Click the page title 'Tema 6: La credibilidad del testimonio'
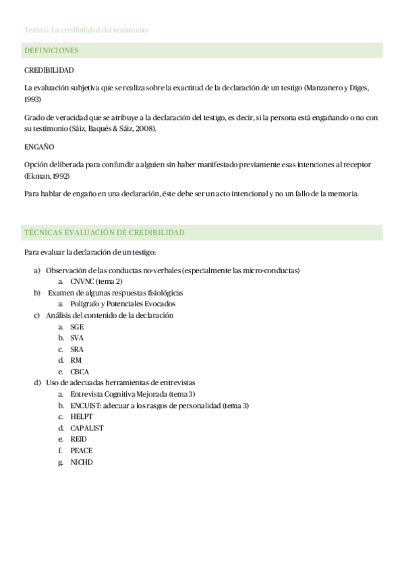coord(86,30)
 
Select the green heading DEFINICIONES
coord(51,51)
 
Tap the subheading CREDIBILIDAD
coord(49,70)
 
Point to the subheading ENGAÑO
coord(39,146)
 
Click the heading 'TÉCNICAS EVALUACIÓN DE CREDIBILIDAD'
coord(104,233)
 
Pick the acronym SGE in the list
coord(77,326)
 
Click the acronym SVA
coord(77,338)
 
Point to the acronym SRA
coord(77,349)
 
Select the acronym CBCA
coord(80,372)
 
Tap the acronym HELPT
coord(82,417)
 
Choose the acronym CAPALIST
coord(87,428)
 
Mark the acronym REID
coord(78,439)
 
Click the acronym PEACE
coord(82,451)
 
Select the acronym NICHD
coord(82,462)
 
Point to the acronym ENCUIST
coord(86,405)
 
